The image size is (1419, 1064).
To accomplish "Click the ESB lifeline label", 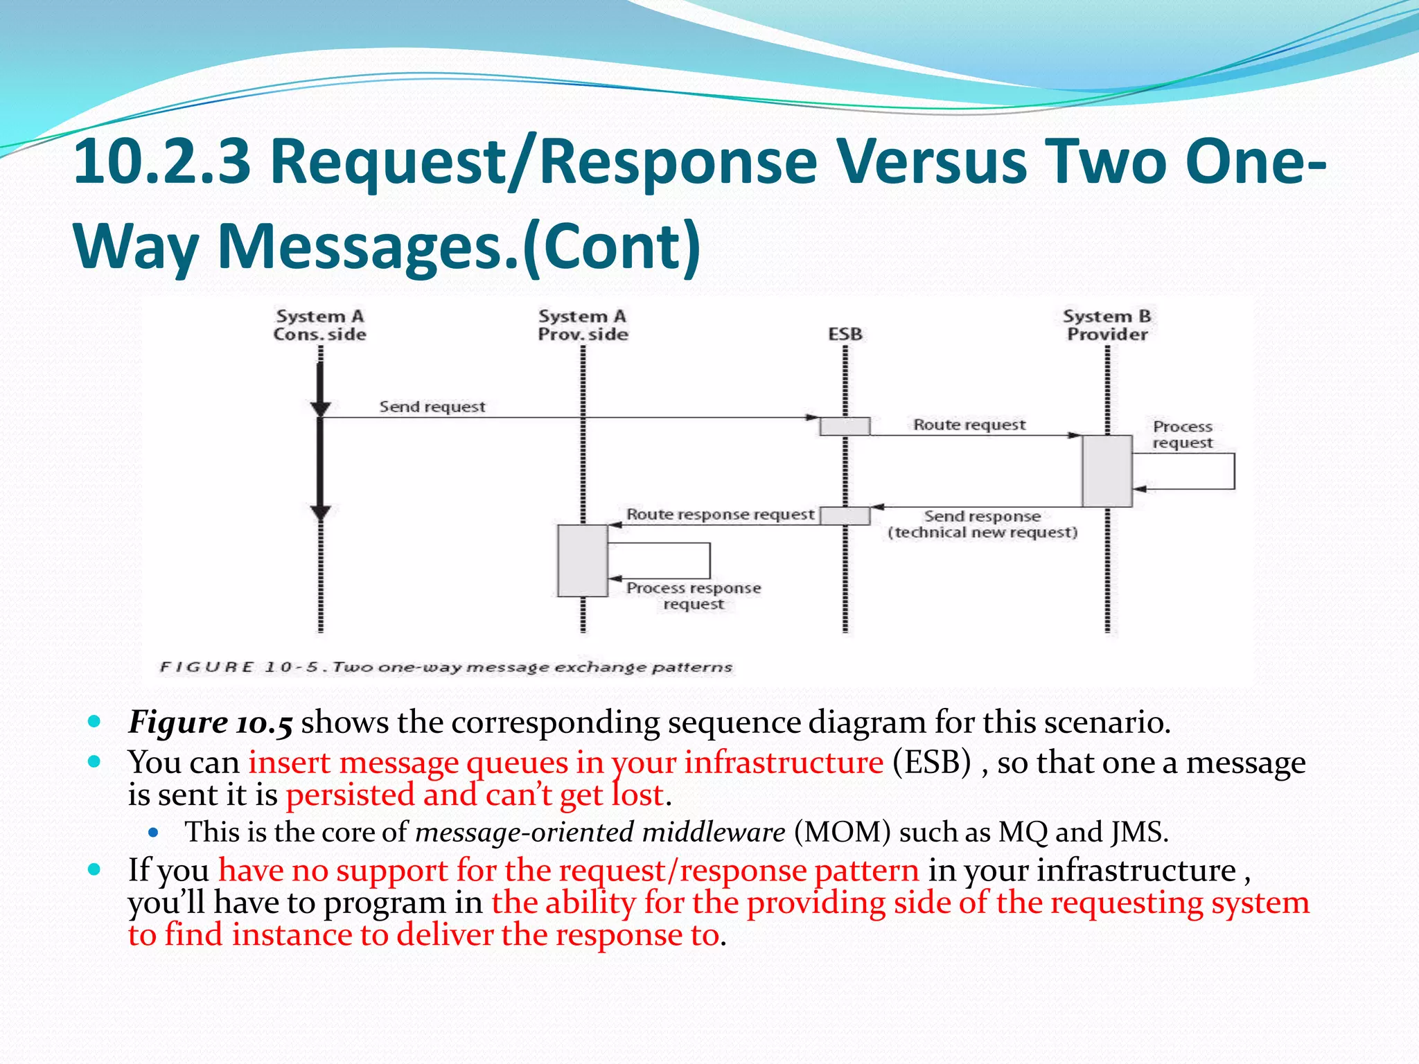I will pos(845,335).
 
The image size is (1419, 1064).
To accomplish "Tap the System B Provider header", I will pos(1107,326).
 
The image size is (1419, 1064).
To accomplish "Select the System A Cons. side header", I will pos(319,326).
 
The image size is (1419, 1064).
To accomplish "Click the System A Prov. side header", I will pos(583,326).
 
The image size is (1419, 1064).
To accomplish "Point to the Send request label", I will pos(432,407).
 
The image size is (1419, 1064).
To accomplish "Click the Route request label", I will pos(969,425).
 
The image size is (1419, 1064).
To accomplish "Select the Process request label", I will pos(1183,435).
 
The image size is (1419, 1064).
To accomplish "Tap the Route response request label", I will pos(720,515).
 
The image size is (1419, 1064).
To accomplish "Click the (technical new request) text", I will pos(982,533).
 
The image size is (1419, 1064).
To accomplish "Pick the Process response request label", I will pos(694,596).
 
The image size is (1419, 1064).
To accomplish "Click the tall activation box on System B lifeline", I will pos(1107,471).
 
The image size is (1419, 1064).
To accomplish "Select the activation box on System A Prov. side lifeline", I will pos(583,560).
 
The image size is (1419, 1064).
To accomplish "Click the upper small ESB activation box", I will pos(845,426).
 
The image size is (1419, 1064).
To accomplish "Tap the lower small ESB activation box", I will pos(845,515).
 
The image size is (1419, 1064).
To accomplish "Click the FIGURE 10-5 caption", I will pos(446,667).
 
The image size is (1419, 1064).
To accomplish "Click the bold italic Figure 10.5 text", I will pos(211,722).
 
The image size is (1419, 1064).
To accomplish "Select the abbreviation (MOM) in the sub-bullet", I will pos(842,832).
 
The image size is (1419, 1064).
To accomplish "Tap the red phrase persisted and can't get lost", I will pos(475,795).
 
